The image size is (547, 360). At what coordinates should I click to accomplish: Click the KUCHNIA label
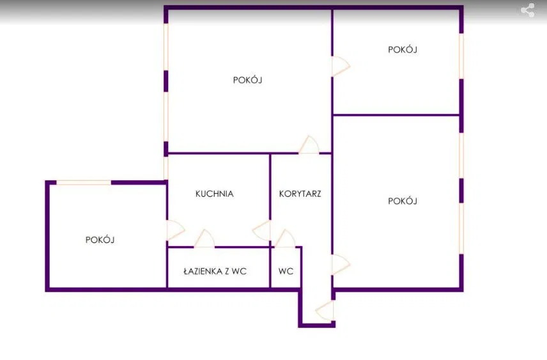[215, 194]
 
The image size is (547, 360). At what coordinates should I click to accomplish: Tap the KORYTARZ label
[300, 194]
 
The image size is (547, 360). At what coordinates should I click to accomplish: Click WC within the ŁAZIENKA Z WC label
[239, 271]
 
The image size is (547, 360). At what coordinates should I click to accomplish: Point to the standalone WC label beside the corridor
[286, 271]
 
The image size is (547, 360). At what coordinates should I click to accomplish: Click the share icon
[528, 10]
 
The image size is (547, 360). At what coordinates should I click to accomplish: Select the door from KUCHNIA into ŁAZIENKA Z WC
[204, 239]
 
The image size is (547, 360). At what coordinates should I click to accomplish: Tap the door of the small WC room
[285, 239]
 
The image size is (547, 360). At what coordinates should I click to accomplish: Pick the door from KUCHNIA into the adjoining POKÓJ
[175, 230]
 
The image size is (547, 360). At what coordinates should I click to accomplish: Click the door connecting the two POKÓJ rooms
[340, 66]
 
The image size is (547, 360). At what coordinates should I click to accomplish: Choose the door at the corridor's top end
[309, 145]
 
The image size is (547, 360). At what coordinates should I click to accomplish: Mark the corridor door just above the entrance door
[340, 264]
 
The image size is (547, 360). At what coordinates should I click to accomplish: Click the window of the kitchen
[166, 168]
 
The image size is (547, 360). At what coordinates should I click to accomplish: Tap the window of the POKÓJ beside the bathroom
[84, 183]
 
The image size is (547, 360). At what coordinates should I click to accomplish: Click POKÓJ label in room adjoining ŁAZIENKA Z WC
[100, 240]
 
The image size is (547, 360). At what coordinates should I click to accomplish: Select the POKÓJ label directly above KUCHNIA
[248, 80]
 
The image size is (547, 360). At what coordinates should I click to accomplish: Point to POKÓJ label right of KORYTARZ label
[403, 201]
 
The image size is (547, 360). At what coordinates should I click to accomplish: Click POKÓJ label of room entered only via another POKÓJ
[403, 49]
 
